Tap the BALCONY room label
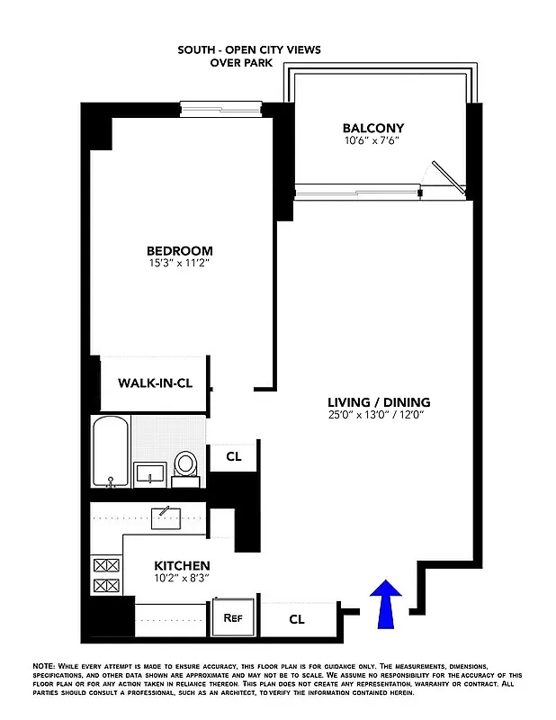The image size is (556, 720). click(x=373, y=128)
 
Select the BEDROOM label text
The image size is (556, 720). click(x=181, y=251)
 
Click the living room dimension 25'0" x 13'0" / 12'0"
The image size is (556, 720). click(x=377, y=415)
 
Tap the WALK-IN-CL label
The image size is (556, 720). click(x=155, y=382)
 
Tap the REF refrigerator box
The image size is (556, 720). click(x=233, y=618)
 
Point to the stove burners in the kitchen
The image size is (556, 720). click(x=106, y=576)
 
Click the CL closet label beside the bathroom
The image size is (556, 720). click(x=234, y=457)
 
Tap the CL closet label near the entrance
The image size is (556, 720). click(x=297, y=619)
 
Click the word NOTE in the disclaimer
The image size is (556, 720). click(x=43, y=663)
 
